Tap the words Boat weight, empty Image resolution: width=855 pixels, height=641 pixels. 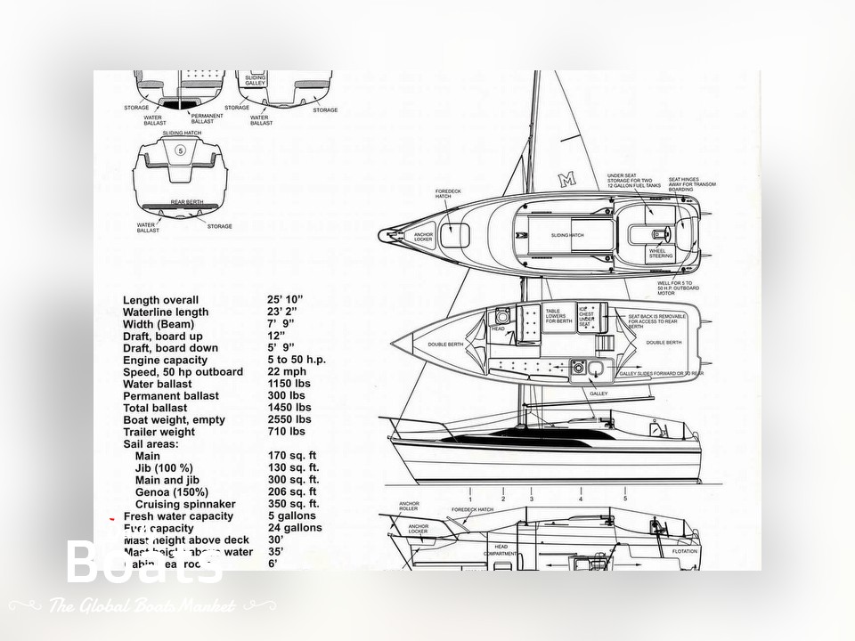pos(174,420)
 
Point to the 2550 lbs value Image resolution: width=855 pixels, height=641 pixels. pos(289,420)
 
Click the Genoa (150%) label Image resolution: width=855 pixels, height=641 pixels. pos(172,492)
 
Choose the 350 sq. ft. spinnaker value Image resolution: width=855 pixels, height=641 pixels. pos(293,504)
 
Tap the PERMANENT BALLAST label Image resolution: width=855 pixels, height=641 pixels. pos(207,118)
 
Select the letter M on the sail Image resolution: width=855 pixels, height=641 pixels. pos(566,180)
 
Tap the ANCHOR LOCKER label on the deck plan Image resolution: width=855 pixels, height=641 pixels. pos(423,238)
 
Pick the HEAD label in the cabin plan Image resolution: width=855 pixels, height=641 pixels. pos(498,329)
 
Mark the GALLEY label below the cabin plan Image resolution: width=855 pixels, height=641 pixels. pos(598,393)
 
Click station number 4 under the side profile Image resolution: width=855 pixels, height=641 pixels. pos(581,499)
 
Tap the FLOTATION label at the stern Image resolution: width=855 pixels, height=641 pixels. pos(685,551)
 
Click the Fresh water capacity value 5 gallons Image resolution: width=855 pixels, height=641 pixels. pos(290,516)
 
